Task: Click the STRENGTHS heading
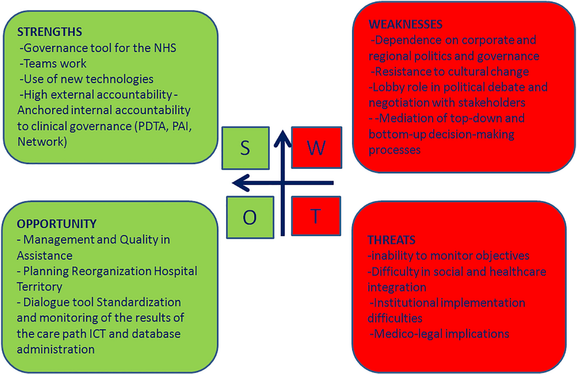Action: point(50,32)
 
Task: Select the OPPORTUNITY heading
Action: point(57,224)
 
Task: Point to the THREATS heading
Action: point(391,239)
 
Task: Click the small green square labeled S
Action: point(245,148)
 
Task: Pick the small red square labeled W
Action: point(316,148)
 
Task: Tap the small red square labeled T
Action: point(316,216)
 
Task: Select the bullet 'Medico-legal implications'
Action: point(439,333)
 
